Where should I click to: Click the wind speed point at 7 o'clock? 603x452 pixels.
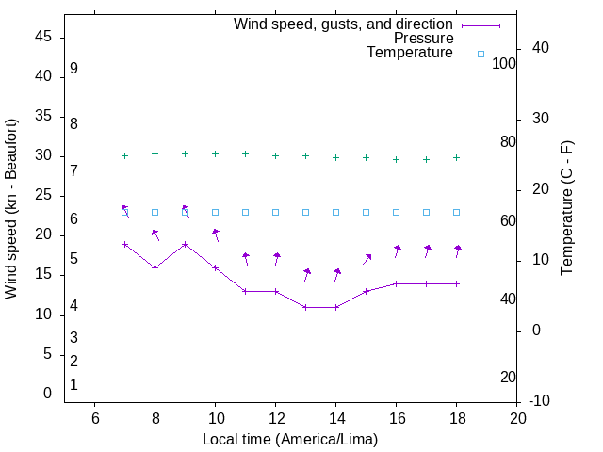point(124,244)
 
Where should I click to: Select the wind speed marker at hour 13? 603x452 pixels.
point(306,307)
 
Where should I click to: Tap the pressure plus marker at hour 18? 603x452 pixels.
point(457,157)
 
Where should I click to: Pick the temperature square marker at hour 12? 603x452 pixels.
point(276,212)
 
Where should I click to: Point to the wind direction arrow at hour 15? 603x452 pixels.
point(367,258)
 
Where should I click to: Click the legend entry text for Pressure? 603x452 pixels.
point(423,39)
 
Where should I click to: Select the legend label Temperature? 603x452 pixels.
point(410,53)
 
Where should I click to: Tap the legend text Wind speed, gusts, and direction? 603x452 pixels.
point(343,24)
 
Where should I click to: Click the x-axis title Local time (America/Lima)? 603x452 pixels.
point(290,439)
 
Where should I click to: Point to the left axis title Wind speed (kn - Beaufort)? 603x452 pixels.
point(11,209)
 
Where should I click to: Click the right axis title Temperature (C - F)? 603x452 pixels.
point(566,209)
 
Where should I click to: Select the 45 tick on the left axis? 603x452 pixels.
point(43,37)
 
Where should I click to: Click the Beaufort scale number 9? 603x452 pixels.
point(73,69)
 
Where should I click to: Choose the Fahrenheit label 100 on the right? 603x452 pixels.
point(504,63)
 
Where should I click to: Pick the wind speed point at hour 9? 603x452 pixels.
point(185,244)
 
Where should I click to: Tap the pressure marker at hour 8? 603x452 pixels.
point(155,153)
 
